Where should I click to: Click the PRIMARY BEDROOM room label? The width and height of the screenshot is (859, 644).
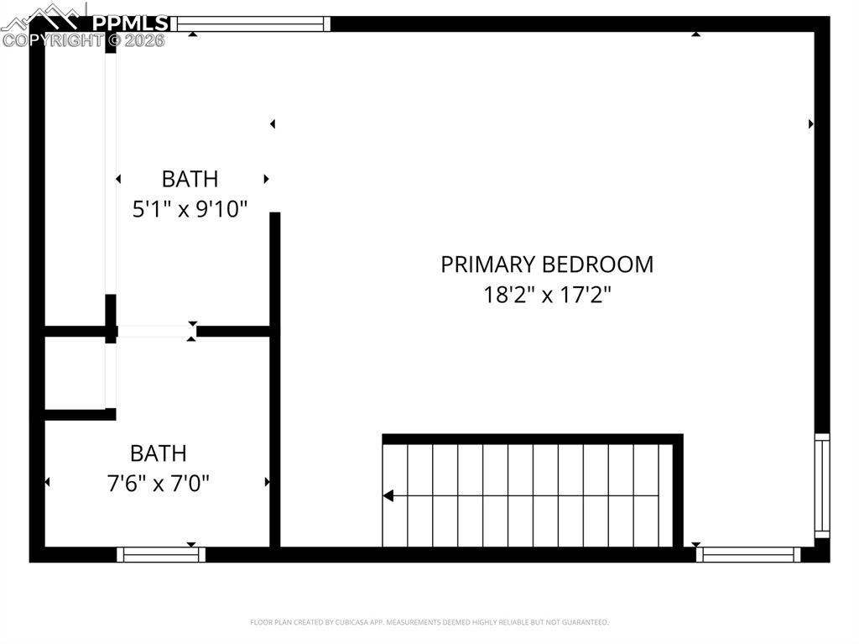point(547,264)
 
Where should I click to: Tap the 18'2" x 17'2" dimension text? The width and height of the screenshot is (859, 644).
point(547,296)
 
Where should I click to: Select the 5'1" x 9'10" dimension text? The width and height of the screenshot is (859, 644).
point(190,209)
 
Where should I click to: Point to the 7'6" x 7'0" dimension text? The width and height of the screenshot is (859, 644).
point(159,484)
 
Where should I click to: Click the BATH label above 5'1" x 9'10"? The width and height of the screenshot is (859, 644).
point(190,179)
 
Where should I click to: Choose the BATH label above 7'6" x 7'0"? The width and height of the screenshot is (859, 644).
point(159,453)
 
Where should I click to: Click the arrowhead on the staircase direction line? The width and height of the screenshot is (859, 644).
point(388,496)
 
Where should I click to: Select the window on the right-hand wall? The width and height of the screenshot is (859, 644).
point(822,485)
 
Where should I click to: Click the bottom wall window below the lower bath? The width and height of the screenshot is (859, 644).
point(161,554)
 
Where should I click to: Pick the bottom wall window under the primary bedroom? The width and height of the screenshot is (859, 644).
point(748,554)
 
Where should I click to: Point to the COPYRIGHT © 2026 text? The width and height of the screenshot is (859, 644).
point(84,39)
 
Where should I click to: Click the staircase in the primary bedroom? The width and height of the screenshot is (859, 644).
point(528,495)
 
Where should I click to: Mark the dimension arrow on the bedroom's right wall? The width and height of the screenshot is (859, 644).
point(811,124)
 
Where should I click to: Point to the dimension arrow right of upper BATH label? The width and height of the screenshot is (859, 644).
point(266,179)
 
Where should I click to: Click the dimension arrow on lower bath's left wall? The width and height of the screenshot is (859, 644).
point(47,482)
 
